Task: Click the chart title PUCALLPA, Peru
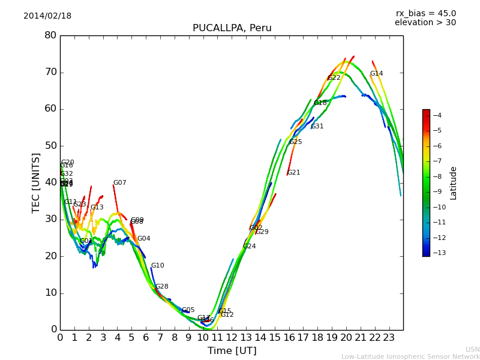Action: coord(232,28)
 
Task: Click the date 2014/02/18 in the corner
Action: coord(47,16)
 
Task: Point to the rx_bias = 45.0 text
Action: coord(425,13)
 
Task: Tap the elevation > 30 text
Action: coord(425,23)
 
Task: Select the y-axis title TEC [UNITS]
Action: coord(36,183)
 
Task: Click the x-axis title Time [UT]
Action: coord(232,351)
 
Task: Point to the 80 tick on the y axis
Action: coord(50,35)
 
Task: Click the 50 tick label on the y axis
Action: coord(50,146)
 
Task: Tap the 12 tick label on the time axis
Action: coord(232,338)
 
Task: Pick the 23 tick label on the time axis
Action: coord(389,338)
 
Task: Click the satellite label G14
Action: coord(376,74)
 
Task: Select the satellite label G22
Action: coord(334,78)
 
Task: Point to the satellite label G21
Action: coord(293,173)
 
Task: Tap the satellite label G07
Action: coord(119,183)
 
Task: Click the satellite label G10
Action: coord(157,266)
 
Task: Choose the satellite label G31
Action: coord(317,127)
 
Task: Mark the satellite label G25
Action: coord(296,142)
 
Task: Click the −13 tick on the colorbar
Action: coord(437,253)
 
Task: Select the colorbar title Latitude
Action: coord(454,183)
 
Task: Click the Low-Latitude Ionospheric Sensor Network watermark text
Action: coord(410,357)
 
